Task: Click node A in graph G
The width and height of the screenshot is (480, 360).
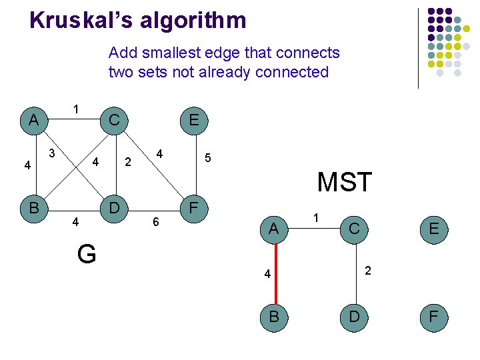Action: point(33,120)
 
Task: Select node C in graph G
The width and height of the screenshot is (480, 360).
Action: point(114,120)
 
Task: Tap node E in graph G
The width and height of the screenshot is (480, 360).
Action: point(194,120)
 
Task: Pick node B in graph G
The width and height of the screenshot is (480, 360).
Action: point(33,207)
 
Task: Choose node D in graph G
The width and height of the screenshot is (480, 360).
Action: point(114,207)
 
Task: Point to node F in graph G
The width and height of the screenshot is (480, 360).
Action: point(194,207)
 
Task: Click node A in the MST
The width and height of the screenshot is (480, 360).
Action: point(273,229)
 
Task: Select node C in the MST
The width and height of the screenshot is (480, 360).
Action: point(354,229)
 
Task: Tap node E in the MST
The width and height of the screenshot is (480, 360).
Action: point(434,229)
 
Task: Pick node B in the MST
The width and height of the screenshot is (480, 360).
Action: point(273,316)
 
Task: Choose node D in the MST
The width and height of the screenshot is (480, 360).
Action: point(354,316)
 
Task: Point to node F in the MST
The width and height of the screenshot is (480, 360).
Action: point(434,316)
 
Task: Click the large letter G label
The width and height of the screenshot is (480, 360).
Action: point(87,254)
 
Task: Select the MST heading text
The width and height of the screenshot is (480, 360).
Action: point(345,182)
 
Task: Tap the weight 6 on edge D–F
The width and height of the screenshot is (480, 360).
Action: point(156,222)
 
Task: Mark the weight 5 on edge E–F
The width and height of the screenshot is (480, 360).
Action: point(208,158)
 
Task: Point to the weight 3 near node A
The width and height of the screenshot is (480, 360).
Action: point(52,154)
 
